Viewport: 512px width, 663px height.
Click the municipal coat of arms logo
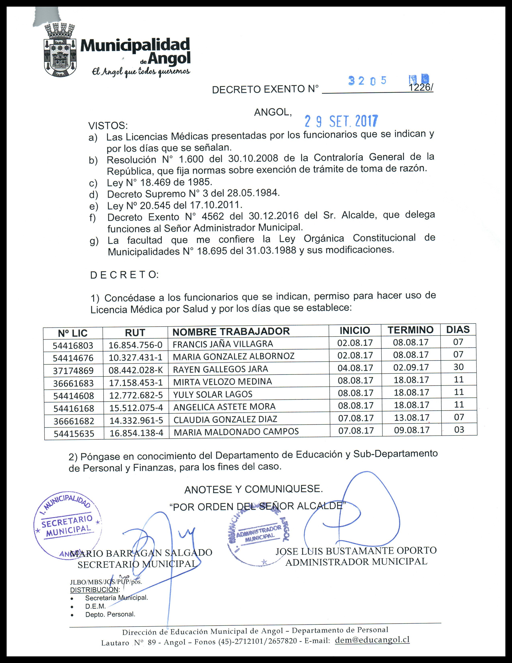click(60, 50)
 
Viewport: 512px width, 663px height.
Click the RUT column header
click(135, 333)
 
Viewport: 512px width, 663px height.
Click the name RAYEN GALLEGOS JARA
click(220, 369)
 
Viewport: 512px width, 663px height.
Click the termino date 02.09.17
click(411, 367)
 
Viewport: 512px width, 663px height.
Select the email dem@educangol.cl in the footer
click(372, 640)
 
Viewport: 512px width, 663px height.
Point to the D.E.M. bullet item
click(95, 606)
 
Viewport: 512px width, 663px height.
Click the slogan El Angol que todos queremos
click(141, 72)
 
